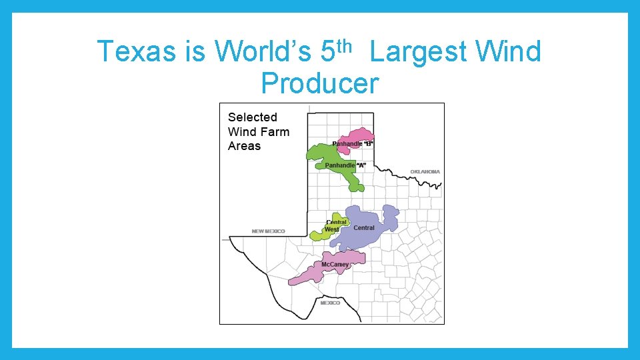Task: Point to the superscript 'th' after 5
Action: (x=343, y=45)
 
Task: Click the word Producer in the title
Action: (x=319, y=83)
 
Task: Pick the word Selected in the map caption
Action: (x=252, y=117)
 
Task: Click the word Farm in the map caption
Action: (x=275, y=132)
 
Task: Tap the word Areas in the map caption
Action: (x=244, y=146)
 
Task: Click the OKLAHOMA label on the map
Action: (x=425, y=172)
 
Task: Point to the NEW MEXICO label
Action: (x=268, y=231)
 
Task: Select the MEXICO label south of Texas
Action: (x=330, y=303)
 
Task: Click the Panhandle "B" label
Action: (x=353, y=144)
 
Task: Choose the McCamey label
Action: (x=335, y=265)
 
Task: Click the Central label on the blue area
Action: (x=364, y=228)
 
